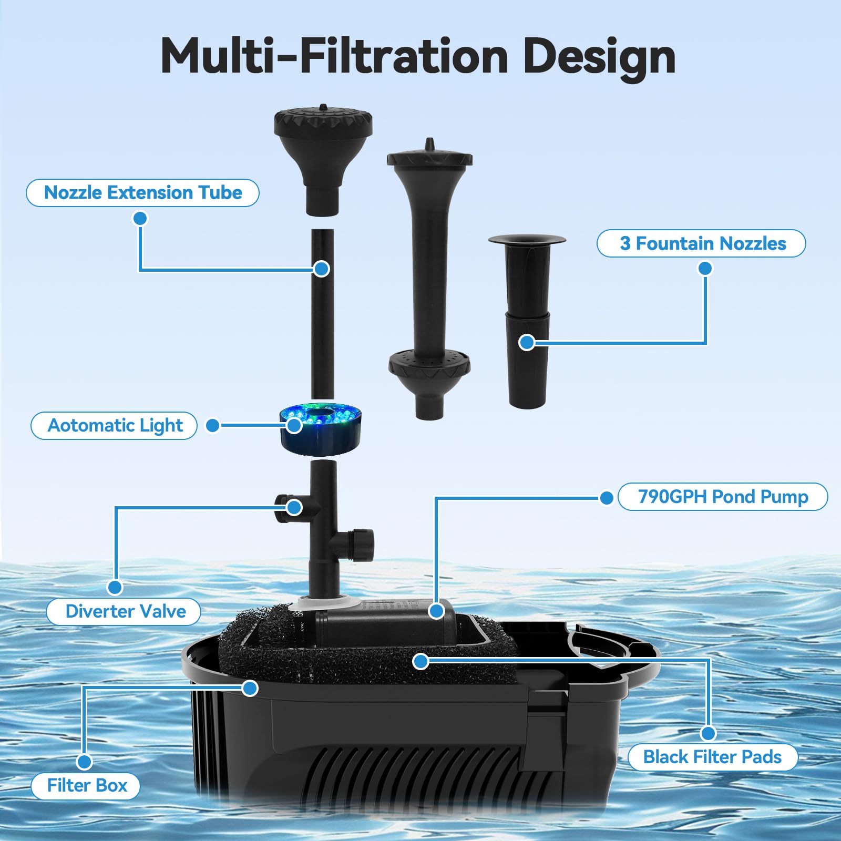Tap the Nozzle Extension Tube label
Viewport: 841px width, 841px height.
(x=142, y=192)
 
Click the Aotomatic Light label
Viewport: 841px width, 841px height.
(x=114, y=425)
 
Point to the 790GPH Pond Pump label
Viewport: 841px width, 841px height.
(x=723, y=497)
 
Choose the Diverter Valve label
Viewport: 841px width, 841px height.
(x=124, y=611)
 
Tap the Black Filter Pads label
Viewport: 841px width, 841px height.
(x=713, y=757)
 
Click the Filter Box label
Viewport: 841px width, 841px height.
(x=86, y=786)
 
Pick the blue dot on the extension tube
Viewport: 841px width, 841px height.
(x=321, y=269)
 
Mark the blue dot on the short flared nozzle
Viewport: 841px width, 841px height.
(x=527, y=343)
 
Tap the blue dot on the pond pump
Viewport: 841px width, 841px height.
(x=436, y=611)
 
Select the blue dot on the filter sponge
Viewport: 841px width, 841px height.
(x=420, y=661)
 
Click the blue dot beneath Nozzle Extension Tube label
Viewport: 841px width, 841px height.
(x=140, y=218)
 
